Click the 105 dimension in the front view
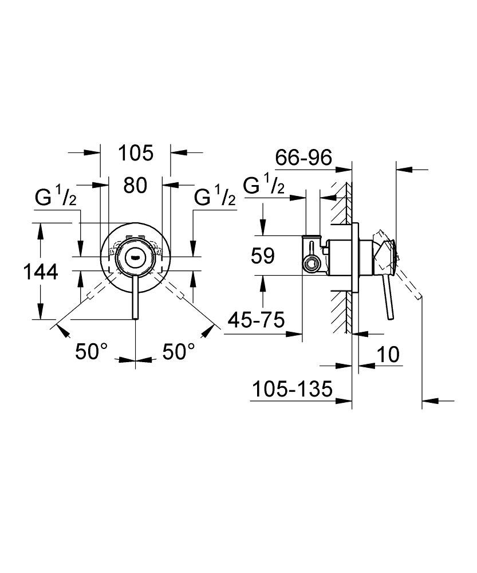pyautogui.click(x=136, y=153)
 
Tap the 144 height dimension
pyautogui.click(x=41, y=273)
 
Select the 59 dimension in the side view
pyautogui.click(x=263, y=256)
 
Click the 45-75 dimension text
pyautogui.click(x=256, y=320)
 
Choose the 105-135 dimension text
pyautogui.click(x=292, y=389)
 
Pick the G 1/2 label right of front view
pyautogui.click(x=215, y=198)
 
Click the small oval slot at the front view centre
pyautogui.click(x=135, y=257)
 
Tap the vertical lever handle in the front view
pyautogui.click(x=135, y=298)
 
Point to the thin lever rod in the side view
pyautogui.click(x=389, y=298)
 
